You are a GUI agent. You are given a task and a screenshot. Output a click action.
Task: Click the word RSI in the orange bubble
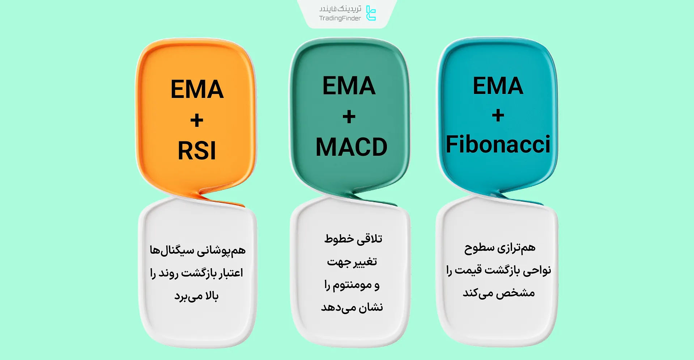[197, 151]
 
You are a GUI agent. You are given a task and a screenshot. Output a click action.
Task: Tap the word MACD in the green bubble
[351, 147]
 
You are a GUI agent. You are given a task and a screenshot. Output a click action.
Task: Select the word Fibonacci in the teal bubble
[498, 144]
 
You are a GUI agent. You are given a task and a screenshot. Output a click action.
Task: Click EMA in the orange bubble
[197, 89]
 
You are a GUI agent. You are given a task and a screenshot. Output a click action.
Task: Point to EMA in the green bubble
[349, 86]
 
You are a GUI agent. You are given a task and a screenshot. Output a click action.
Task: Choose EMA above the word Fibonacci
[498, 86]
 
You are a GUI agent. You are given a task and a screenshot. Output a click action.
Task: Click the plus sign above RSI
[197, 120]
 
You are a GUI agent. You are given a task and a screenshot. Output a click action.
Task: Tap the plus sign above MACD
[349, 117]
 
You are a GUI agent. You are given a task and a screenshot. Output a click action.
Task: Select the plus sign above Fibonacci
[498, 116]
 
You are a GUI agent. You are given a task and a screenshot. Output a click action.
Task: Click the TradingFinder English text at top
[340, 18]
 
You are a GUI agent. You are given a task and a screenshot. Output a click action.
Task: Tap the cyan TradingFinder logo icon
[371, 13]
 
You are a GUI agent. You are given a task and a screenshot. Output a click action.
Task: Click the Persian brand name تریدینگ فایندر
[340, 9]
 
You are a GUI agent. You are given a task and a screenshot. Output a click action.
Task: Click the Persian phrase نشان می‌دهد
[352, 308]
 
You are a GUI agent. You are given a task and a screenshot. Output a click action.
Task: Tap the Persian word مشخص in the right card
[515, 293]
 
